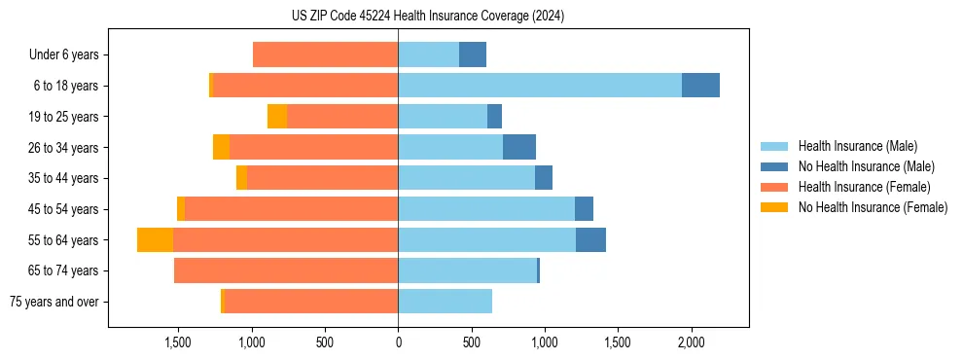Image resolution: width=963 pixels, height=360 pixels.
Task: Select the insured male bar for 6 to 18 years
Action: click(x=540, y=86)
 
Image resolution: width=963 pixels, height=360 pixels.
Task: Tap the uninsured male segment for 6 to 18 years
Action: click(x=700, y=86)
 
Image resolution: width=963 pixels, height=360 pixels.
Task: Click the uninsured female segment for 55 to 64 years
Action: click(x=155, y=240)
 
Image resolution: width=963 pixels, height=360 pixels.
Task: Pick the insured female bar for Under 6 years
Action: click(x=325, y=54)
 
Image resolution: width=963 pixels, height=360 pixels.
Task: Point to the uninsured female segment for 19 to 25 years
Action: click(x=277, y=117)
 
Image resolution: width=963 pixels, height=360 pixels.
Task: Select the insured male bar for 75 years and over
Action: click(x=445, y=302)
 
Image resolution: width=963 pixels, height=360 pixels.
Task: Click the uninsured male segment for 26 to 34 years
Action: click(x=519, y=148)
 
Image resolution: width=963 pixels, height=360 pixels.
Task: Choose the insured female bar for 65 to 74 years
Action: click(x=286, y=270)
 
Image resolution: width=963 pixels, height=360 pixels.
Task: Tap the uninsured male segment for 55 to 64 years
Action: click(x=590, y=240)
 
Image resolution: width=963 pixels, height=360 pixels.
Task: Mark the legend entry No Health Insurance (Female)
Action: click(x=873, y=207)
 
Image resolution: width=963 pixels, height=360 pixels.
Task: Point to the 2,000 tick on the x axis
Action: click(x=691, y=342)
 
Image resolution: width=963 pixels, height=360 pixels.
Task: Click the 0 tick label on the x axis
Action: click(x=398, y=342)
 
